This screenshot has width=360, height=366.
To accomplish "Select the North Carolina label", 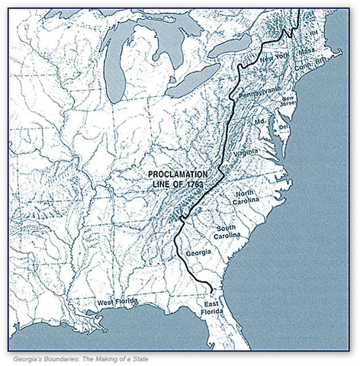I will (248, 197).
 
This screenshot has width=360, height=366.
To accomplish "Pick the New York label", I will (275, 58).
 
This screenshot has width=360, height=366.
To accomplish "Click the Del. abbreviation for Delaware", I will (282, 127).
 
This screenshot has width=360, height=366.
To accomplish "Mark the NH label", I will (313, 34).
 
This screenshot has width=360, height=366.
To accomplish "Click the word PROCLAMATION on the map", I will (178, 175).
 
